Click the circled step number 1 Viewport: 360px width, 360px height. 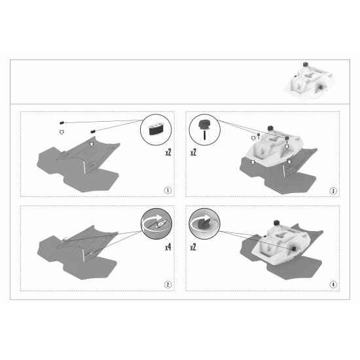[168, 190]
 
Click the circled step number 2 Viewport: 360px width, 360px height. [168, 285]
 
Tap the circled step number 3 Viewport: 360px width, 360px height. [333, 190]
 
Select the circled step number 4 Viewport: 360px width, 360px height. [333, 285]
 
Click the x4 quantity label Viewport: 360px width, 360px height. [168, 247]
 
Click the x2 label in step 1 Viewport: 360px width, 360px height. [168, 153]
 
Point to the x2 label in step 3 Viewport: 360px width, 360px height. [193, 153]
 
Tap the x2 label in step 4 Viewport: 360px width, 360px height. [193, 247]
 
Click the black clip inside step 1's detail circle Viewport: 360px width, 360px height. [156, 129]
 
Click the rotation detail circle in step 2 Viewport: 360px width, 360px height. [156, 224]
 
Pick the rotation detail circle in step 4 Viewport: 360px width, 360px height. [204, 224]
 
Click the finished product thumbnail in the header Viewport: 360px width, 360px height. [309, 82]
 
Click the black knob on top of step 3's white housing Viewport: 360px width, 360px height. [270, 128]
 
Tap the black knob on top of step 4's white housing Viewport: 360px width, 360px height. [277, 223]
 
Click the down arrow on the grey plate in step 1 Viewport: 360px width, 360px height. [92, 145]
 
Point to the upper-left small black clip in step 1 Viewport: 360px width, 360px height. [62, 123]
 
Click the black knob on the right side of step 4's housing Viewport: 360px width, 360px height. [293, 249]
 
